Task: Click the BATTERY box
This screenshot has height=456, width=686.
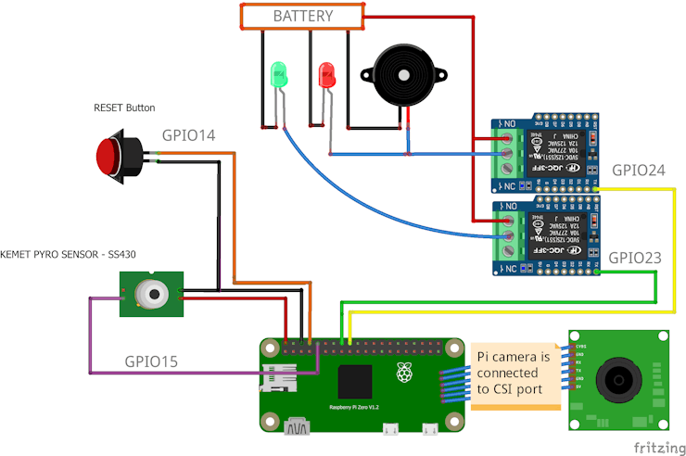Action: pos(301,16)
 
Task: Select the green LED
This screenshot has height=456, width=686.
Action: pos(278,75)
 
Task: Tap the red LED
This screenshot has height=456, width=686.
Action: pos(325,74)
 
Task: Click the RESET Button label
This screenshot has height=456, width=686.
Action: pos(124,108)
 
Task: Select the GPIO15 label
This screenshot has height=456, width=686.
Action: pos(150,361)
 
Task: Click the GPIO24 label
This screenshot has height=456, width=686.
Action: pos(638,171)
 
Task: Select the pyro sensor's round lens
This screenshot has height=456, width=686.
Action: pos(150,295)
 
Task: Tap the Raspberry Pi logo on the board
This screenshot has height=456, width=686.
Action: pos(403,373)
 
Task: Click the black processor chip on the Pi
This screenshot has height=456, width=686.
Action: pos(357,381)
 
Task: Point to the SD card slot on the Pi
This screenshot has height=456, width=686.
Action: pos(276,379)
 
